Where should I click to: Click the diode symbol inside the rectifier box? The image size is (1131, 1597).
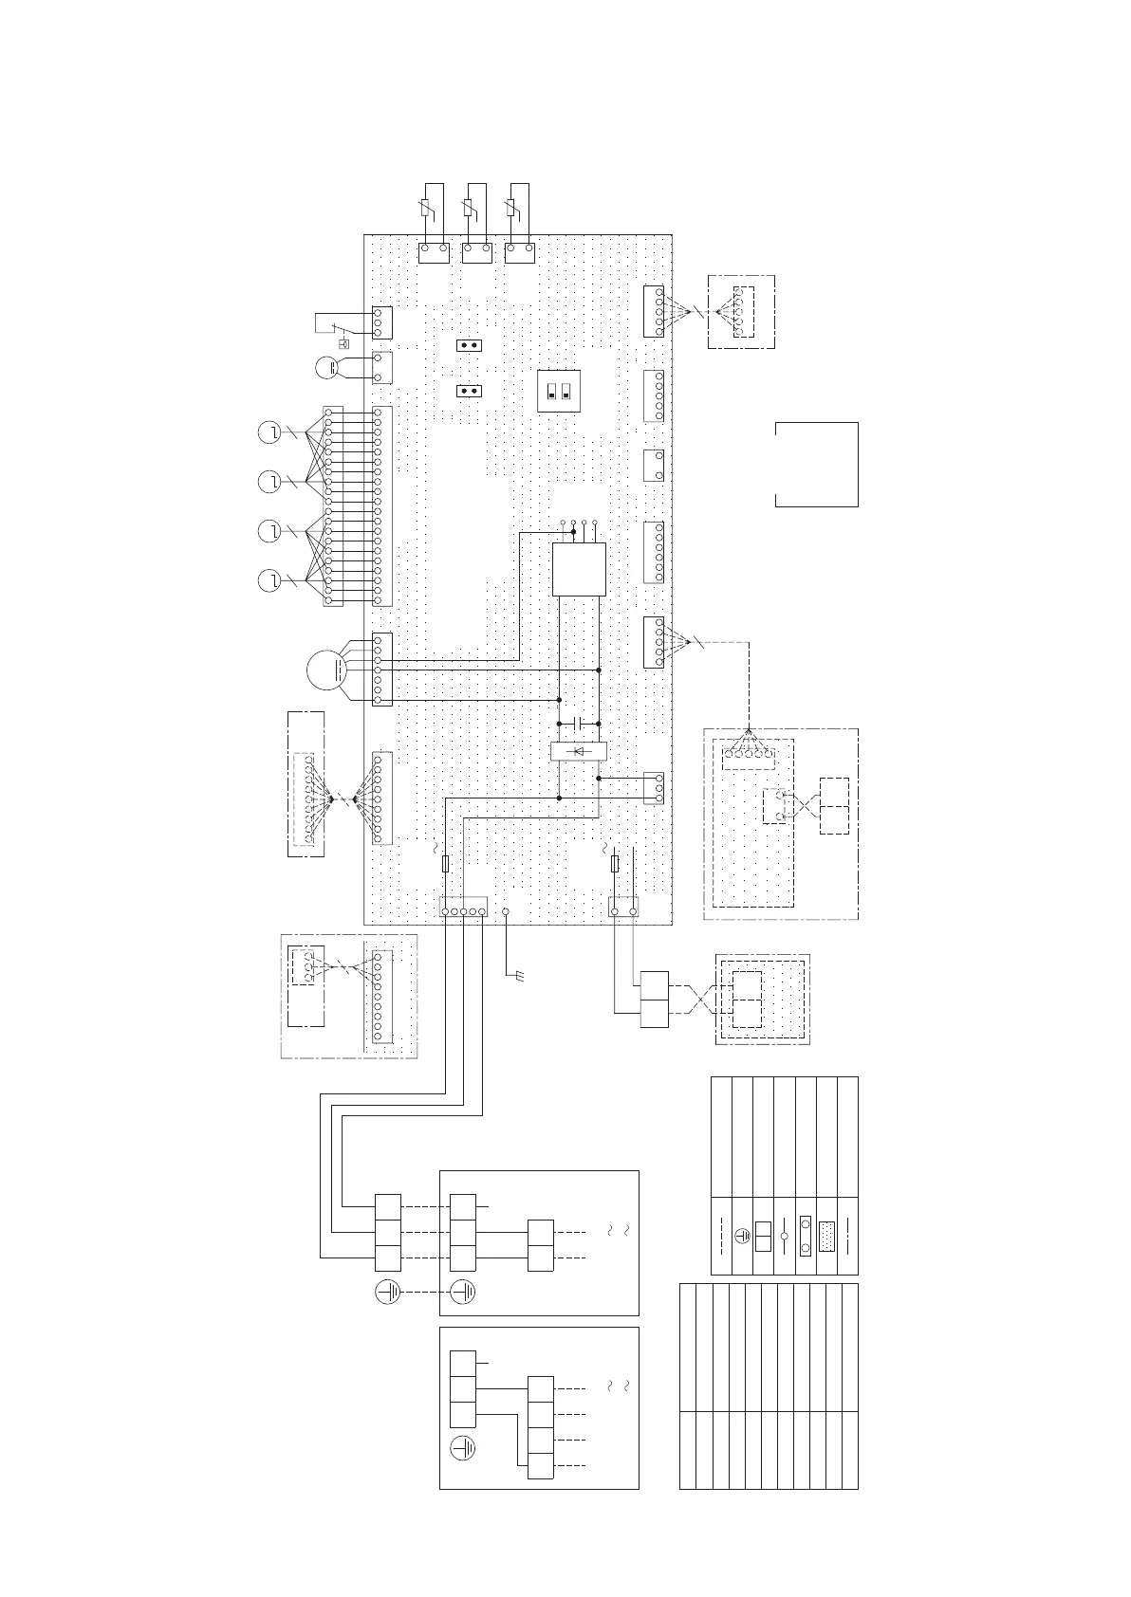tap(579, 751)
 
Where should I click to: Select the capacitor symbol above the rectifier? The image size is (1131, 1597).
tap(579, 724)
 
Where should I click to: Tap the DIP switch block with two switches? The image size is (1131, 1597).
tap(559, 391)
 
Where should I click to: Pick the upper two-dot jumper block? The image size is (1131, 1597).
tap(467, 344)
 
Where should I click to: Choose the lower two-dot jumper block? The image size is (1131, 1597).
tap(467, 390)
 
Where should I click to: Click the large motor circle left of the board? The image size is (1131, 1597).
tap(326, 670)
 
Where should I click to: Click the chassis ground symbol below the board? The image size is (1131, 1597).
tap(519, 975)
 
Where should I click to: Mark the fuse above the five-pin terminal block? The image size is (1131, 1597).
tap(447, 864)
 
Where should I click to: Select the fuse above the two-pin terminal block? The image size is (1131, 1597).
tap(616, 864)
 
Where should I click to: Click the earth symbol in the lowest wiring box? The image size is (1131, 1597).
tap(462, 1448)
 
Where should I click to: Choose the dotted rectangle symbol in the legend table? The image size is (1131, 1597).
tap(825, 1236)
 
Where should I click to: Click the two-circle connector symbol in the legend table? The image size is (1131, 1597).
tap(805, 1236)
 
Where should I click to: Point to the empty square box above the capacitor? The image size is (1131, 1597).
tap(579, 569)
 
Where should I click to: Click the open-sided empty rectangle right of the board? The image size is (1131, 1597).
tap(816, 465)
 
